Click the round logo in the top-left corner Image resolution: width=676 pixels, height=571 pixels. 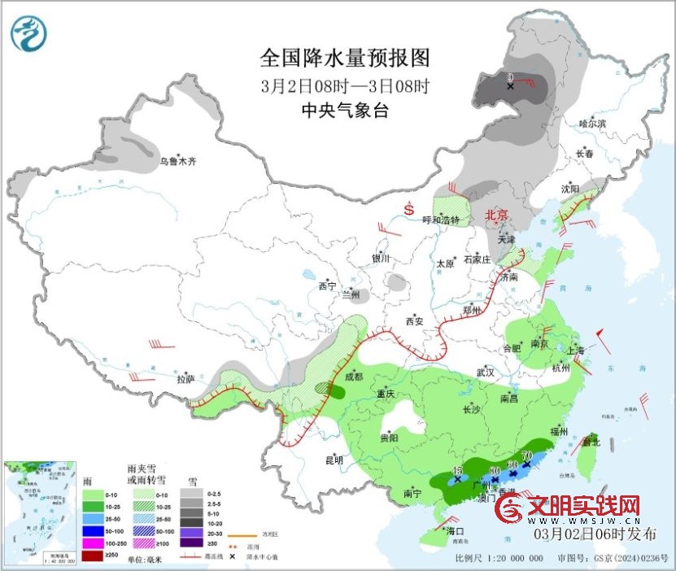tap(28, 33)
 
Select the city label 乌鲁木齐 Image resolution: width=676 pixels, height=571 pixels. tap(177, 162)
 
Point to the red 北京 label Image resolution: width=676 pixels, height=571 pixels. tap(495, 216)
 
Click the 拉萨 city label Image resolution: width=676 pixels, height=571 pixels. tap(185, 379)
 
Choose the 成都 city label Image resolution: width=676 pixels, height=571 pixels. tap(353, 377)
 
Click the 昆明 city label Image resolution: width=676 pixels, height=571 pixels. tap(334, 460)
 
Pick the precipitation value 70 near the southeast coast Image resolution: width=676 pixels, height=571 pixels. tap(526, 455)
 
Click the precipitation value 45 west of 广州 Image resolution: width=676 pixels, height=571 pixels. tap(458, 471)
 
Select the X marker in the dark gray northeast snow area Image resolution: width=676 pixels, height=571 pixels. tap(510, 85)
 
